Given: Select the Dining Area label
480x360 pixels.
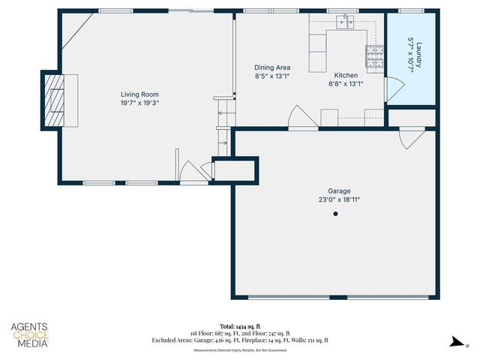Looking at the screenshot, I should pyautogui.click(x=272, y=67).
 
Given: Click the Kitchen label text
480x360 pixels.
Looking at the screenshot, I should pyautogui.click(x=346, y=76).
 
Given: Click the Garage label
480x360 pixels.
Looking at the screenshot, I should pyautogui.click(x=339, y=191).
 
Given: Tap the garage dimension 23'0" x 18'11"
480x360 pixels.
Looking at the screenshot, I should pyautogui.click(x=339, y=200).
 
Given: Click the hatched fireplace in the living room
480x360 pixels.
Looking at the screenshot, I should pyautogui.click(x=54, y=100).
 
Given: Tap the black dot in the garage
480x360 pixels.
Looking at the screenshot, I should pyautogui.click(x=336, y=214).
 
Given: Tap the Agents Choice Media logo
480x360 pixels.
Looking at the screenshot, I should pyautogui.click(x=29, y=334).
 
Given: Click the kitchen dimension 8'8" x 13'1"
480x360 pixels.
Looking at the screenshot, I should pyautogui.click(x=346, y=84).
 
